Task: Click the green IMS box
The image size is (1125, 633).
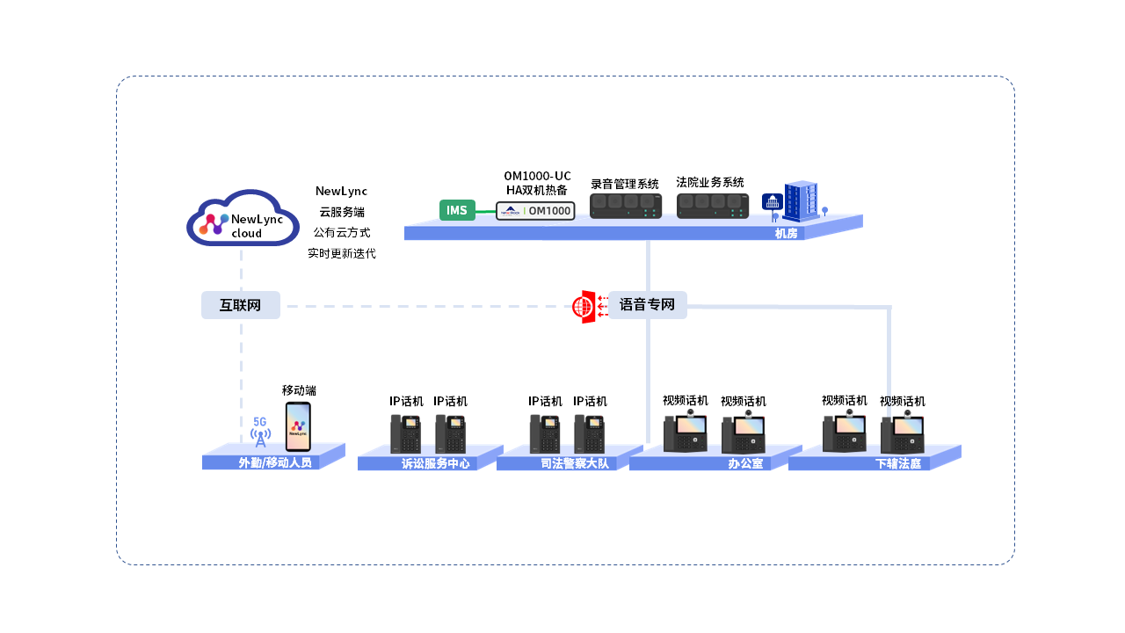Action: (x=457, y=210)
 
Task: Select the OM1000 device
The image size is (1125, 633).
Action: (x=535, y=211)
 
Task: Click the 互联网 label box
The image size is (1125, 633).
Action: (x=241, y=305)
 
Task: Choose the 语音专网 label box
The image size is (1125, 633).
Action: (x=648, y=305)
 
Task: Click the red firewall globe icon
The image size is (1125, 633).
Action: (x=583, y=307)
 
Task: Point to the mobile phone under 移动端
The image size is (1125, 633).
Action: (x=298, y=427)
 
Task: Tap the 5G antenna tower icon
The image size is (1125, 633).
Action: (x=260, y=433)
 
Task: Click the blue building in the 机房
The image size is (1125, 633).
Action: (x=800, y=202)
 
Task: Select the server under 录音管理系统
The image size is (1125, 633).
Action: (x=625, y=207)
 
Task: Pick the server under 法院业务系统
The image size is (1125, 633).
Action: (x=713, y=206)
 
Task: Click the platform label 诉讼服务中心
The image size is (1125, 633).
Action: (x=435, y=464)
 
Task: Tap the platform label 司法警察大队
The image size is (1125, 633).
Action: (x=575, y=464)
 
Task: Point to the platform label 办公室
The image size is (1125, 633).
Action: (x=745, y=464)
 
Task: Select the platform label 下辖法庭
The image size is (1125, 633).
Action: (x=898, y=464)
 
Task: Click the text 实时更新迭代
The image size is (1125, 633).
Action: (x=341, y=253)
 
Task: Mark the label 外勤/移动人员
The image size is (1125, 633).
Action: (x=275, y=463)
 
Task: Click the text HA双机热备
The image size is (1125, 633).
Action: (x=537, y=190)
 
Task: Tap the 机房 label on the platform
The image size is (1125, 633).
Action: (x=786, y=234)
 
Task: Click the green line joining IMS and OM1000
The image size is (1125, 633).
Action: (x=485, y=211)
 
